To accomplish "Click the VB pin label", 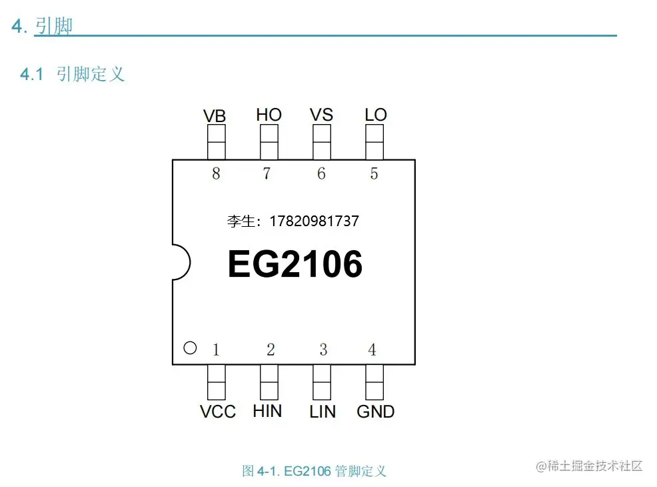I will (215, 116).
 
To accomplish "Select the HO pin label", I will (269, 115).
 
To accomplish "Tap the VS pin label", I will (321, 115).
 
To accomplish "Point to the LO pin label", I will (375, 115).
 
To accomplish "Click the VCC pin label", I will (218, 412).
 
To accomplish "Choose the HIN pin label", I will (267, 411).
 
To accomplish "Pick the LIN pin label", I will (323, 412).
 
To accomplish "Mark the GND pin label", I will (375, 412).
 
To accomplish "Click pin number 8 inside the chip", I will (215, 173).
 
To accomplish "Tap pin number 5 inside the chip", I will (374, 173).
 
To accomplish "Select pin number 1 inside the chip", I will (216, 350).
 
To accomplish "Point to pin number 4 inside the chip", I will (372, 350).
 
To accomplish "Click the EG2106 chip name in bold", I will (295, 264).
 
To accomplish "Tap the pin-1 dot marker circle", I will (190, 348).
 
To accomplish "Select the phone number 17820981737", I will (314, 221).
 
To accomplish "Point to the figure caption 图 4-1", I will (314, 471).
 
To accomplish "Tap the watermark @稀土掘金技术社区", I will (589, 466).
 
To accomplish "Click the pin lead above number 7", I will (269, 142).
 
